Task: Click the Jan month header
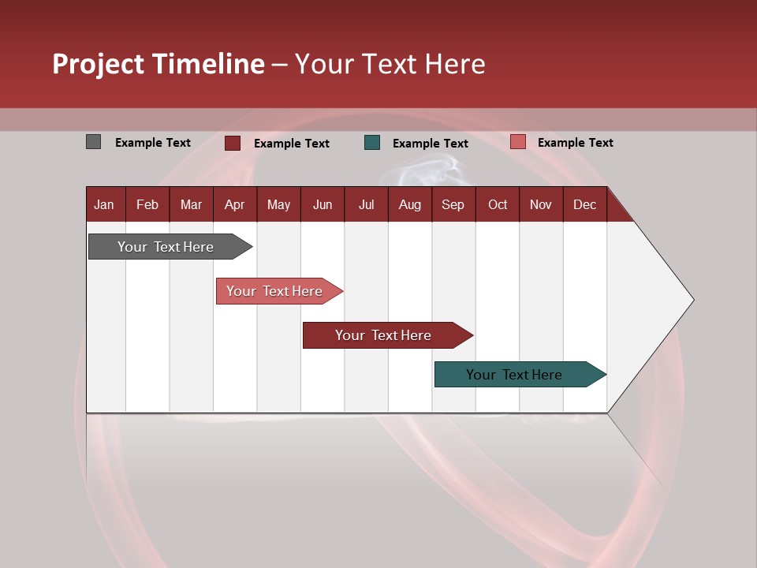coord(104,204)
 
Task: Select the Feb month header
coord(147,204)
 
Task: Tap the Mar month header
coord(191,204)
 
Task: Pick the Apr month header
coord(234,204)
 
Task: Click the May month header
coord(278,204)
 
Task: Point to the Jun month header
coord(323,204)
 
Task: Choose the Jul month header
coord(366,204)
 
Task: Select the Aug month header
coord(409,204)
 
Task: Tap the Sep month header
coord(453,204)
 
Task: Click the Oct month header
coord(498,204)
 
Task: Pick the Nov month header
coord(541,204)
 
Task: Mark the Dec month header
coord(584,204)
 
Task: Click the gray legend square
coord(93,142)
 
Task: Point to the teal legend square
coord(372,143)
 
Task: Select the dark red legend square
coord(233,143)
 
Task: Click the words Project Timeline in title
coord(158,64)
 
